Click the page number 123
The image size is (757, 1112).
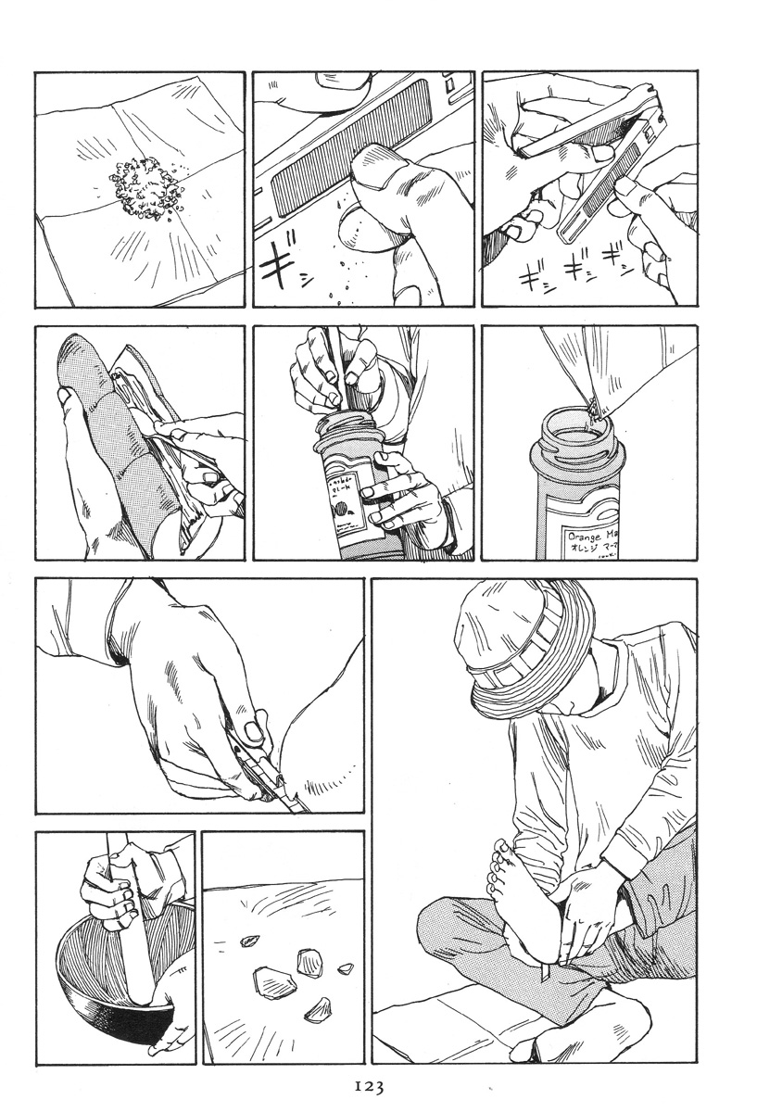tap(368, 1086)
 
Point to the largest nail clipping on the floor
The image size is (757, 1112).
tap(272, 978)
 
